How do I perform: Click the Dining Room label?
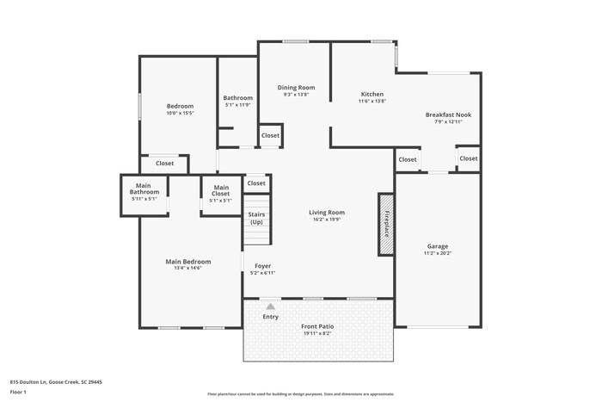tap(296, 87)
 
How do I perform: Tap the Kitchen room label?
tap(372, 94)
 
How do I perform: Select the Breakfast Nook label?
tap(448, 114)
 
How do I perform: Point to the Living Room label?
tap(327, 212)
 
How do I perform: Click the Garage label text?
tap(438, 246)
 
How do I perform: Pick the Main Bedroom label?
tap(188, 261)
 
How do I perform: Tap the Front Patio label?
tap(316, 326)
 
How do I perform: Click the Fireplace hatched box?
tap(387, 224)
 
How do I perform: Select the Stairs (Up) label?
tap(256, 218)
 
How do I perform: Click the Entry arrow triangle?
tap(271, 306)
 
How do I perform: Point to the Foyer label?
tap(262, 266)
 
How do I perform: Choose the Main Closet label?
tap(221, 191)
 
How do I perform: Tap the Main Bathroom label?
tap(144, 189)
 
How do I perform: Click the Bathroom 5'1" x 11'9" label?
tap(237, 101)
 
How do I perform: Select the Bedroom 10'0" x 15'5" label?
tap(180, 109)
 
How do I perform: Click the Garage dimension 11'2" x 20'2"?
tap(438, 253)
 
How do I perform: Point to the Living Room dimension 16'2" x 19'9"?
tap(327, 219)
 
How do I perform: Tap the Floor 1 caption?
tap(18, 392)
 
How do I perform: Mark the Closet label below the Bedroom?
tap(164, 163)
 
